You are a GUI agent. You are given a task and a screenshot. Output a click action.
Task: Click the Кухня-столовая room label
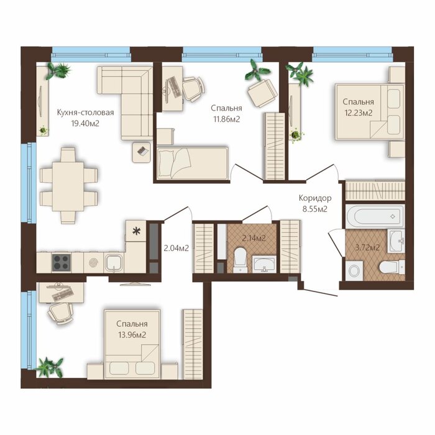pyautogui.click(x=86, y=112)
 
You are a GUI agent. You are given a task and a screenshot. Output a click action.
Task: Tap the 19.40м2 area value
pyautogui.click(x=85, y=124)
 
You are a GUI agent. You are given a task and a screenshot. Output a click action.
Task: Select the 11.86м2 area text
pyautogui.click(x=226, y=119)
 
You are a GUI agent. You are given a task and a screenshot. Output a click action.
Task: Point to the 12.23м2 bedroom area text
pyautogui.click(x=358, y=113)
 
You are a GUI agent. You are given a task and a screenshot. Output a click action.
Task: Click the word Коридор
pyautogui.click(x=315, y=198)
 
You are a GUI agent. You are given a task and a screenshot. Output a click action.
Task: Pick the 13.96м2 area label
pyautogui.click(x=132, y=335)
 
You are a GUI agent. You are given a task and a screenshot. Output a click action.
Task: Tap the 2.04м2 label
pyautogui.click(x=176, y=248)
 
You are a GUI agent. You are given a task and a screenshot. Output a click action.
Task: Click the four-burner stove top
pyautogui.click(x=62, y=262)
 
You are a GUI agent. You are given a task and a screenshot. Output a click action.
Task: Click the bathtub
pyautogui.click(x=375, y=216)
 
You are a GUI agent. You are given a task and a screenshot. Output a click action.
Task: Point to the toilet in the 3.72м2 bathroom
pyautogui.click(x=391, y=267)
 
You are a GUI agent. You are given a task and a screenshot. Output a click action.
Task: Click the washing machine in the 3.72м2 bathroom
pyautogui.click(x=354, y=270)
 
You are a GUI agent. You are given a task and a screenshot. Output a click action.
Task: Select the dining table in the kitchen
pyautogui.click(x=68, y=186)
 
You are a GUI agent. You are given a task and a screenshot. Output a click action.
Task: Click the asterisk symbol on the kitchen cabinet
pyautogui.click(x=136, y=231)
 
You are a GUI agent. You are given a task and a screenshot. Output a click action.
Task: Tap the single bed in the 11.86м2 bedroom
pyautogui.click(x=193, y=163)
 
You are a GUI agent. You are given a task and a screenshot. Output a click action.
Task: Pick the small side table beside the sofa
pyautogui.click(x=141, y=152)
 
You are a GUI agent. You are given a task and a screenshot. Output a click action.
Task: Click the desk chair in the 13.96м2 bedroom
pyautogui.click(x=60, y=313)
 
